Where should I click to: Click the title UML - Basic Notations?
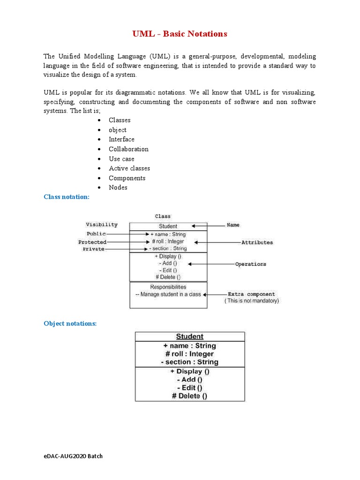tap(180, 34)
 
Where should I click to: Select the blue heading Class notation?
tap(66, 197)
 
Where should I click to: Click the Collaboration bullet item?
tap(128, 149)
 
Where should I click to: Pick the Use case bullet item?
tap(121, 159)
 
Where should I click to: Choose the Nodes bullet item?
tap(118, 187)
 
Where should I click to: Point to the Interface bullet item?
tap(121, 139)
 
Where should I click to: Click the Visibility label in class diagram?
tap(102, 225)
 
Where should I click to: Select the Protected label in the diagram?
tap(92, 242)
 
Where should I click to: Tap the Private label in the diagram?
tap(94, 249)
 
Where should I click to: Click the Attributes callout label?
tap(257, 242)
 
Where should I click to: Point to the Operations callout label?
tap(250, 264)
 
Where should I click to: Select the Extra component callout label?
tap(251, 294)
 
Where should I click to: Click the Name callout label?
tap(233, 225)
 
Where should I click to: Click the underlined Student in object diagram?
tap(189, 337)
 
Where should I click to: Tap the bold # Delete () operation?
tap(189, 396)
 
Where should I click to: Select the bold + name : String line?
tap(189, 346)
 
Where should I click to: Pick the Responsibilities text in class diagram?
tap(168, 286)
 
